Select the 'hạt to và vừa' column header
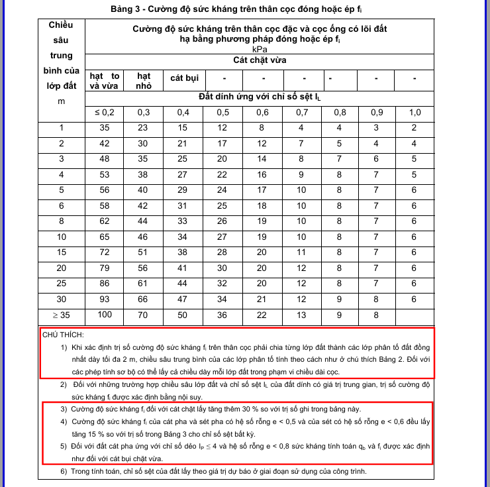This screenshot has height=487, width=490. (104, 81)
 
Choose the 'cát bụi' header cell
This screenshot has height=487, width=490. (185, 78)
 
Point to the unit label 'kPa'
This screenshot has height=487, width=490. (260, 49)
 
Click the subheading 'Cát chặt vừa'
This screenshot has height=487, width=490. (260, 60)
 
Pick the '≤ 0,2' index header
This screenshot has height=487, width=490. (104, 112)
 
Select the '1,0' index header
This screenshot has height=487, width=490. (415, 112)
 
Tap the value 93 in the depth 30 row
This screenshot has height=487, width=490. (104, 299)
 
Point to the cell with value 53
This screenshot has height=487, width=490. (104, 175)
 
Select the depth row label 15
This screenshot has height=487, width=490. (62, 252)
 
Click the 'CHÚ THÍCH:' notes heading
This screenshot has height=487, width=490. (63, 335)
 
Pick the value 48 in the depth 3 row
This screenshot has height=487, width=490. (104, 159)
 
